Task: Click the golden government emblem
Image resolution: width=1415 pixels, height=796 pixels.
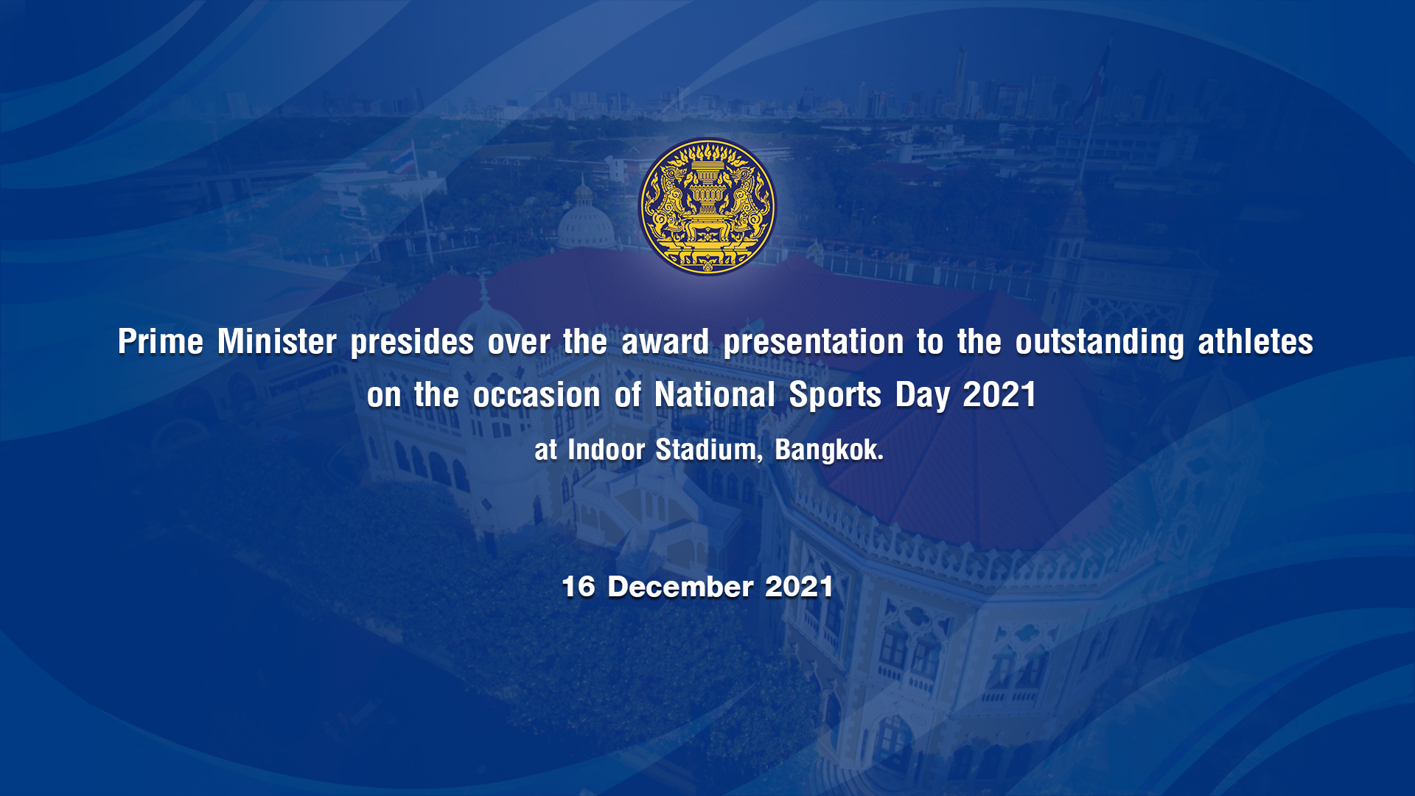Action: click(x=707, y=207)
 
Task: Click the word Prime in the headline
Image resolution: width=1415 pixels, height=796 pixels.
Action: click(x=161, y=342)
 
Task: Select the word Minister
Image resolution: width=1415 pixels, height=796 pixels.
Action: click(x=277, y=342)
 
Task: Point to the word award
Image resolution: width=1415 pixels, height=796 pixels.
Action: click(x=665, y=342)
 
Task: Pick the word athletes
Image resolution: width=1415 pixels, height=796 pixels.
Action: click(x=1255, y=342)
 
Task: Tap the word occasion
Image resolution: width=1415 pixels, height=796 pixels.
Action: click(x=537, y=395)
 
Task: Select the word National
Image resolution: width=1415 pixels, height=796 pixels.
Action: click(x=715, y=394)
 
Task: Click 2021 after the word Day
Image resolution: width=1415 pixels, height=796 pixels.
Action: click(x=999, y=394)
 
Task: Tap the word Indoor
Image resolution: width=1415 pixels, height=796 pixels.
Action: click(x=607, y=449)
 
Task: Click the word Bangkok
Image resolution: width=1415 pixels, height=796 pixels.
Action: click(x=829, y=450)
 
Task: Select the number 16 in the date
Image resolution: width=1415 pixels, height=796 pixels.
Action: click(x=578, y=587)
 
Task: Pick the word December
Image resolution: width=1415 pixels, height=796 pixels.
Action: click(x=680, y=587)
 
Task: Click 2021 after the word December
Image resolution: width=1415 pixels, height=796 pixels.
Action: click(x=799, y=587)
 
